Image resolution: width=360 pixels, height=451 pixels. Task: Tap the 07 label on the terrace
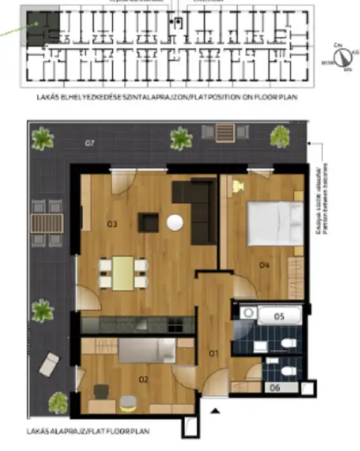tap(90, 143)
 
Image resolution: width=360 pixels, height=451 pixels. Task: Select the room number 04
tap(264, 264)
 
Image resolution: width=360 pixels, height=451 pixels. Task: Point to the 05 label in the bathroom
tap(280, 315)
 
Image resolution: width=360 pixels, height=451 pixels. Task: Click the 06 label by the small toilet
tap(275, 388)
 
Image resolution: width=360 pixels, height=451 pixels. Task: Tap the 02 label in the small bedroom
tap(143, 379)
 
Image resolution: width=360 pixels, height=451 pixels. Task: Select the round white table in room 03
tap(175, 223)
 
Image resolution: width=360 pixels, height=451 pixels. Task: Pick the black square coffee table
tap(148, 222)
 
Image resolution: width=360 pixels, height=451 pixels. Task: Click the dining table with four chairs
tap(123, 273)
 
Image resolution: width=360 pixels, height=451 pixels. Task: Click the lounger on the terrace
tap(49, 363)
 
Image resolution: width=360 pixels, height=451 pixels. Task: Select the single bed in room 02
tap(146, 350)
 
